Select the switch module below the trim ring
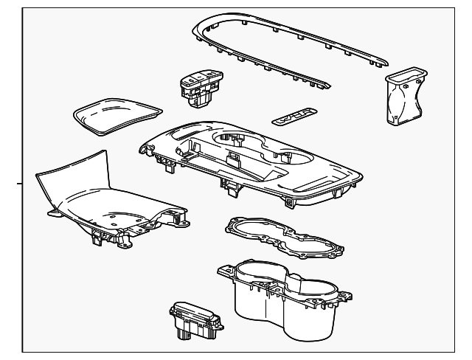[201, 86]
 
